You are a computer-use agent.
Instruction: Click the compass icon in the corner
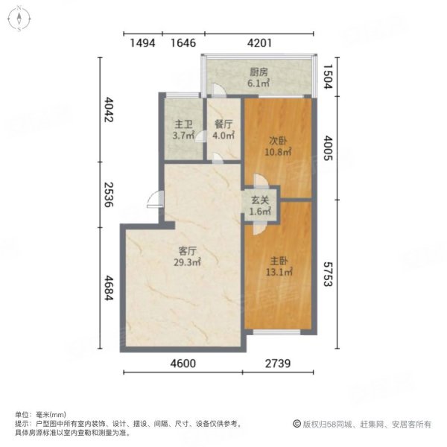pos(19,19)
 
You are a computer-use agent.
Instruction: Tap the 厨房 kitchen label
pos(258,72)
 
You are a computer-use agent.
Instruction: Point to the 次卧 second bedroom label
pos(278,139)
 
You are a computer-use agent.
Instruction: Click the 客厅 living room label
pos(187,251)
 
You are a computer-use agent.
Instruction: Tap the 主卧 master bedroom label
pos(278,261)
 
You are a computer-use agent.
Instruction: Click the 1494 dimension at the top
pos(142,43)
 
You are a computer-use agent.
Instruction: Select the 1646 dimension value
pos(183,43)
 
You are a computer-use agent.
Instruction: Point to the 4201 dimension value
pos(261,43)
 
